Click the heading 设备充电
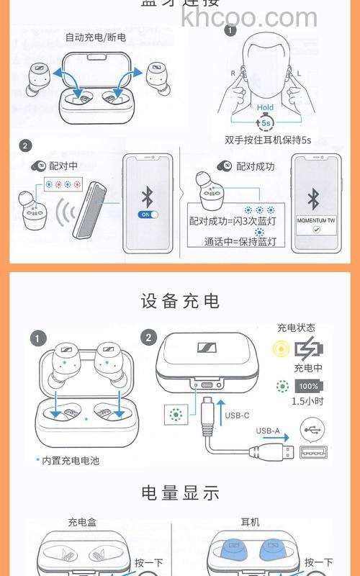point(180,300)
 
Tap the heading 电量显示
point(180,493)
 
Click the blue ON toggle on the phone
point(148,215)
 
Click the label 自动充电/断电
point(95,37)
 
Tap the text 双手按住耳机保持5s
point(267,140)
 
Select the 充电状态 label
point(296,328)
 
